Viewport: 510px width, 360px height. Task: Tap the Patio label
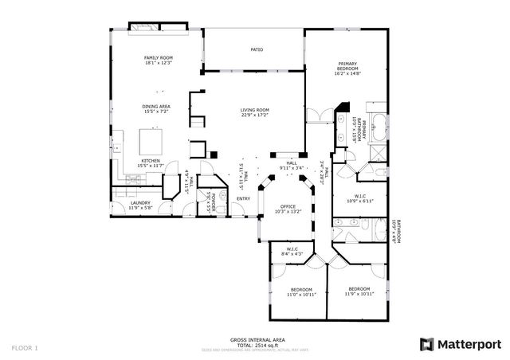click(x=257, y=50)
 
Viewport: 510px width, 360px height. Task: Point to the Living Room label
click(x=255, y=113)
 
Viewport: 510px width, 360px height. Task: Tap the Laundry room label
click(x=140, y=205)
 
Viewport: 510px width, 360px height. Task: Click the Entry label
click(x=244, y=199)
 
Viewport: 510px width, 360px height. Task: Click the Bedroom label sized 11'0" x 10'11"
click(x=301, y=292)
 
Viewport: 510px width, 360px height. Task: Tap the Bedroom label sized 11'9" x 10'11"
click(x=359, y=292)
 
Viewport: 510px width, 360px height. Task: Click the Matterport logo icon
click(x=426, y=343)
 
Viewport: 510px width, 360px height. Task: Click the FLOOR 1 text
click(x=25, y=348)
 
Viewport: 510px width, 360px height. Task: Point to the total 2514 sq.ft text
click(x=254, y=345)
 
